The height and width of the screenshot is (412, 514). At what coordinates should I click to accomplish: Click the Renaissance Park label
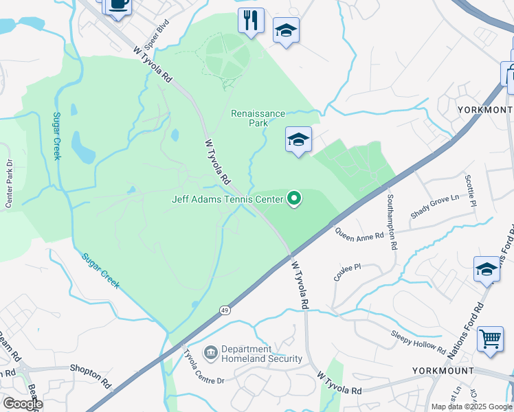point(258,118)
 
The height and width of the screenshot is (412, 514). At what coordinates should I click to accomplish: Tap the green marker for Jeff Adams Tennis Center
point(294,199)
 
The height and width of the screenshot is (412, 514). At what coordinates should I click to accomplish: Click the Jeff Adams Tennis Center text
point(227,200)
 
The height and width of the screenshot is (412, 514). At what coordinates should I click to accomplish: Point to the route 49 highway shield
point(225,310)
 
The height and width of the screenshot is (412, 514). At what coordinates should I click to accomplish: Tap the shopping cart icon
point(489,338)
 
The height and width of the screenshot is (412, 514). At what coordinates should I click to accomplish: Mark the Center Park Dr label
point(9,183)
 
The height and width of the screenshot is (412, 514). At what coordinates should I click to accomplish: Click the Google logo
point(22,404)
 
